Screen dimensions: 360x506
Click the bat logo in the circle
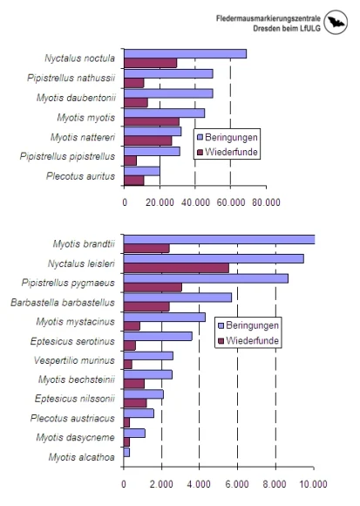(x=336, y=22)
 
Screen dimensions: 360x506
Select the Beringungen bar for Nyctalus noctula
(x=186, y=53)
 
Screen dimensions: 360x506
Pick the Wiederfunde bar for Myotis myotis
(x=152, y=121)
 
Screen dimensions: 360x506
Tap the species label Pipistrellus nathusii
(x=71, y=79)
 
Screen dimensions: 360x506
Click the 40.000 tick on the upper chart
(x=195, y=202)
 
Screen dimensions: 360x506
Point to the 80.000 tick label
(x=266, y=202)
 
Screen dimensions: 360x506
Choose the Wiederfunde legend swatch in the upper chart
(x=200, y=152)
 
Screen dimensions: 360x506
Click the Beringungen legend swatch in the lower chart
(x=221, y=325)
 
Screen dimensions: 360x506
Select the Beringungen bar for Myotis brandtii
(x=219, y=239)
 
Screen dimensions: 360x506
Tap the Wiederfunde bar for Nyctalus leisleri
(x=176, y=268)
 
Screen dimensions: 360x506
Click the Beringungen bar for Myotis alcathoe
(x=126, y=452)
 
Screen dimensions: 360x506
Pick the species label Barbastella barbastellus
(x=63, y=303)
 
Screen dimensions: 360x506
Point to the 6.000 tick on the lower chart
(x=237, y=484)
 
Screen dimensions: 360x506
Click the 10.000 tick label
(x=314, y=484)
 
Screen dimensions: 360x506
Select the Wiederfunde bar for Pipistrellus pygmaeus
(x=153, y=287)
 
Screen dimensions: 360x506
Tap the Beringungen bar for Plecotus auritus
(x=142, y=171)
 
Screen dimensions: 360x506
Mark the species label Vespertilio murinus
(x=74, y=360)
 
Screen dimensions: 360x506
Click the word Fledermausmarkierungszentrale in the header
(x=268, y=18)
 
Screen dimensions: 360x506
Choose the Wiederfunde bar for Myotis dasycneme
(x=126, y=441)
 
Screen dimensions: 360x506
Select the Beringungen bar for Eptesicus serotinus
(x=158, y=336)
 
